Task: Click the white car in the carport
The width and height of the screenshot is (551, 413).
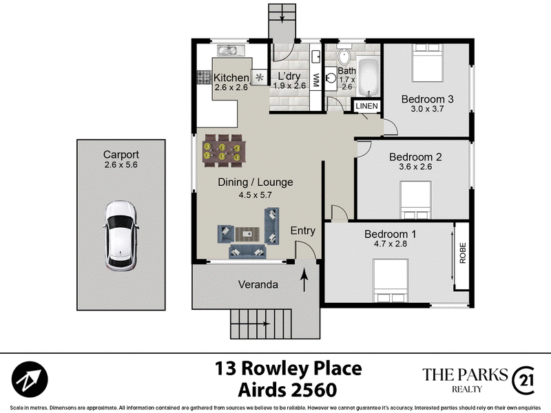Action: point(121,235)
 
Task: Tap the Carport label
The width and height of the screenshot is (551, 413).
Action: point(121,154)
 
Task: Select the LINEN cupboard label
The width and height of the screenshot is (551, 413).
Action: point(366,106)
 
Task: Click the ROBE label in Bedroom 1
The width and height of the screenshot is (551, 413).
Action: point(462,253)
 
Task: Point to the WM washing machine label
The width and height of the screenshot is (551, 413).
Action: point(315,81)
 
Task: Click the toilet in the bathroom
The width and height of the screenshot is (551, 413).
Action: point(343,54)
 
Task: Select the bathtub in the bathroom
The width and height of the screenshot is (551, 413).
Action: point(368,77)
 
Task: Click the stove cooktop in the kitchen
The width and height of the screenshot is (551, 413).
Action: point(203,77)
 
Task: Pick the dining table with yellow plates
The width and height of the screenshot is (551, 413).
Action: point(223,151)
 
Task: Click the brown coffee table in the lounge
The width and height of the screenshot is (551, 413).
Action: point(247,234)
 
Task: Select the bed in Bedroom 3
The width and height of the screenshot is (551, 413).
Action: point(427,63)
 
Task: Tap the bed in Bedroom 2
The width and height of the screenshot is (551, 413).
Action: point(416,200)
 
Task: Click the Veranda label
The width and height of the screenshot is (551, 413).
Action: point(258,284)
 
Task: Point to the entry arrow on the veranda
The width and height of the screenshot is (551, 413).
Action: point(304,280)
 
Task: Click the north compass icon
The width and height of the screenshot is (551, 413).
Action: point(30,379)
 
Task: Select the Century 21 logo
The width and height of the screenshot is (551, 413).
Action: point(523,381)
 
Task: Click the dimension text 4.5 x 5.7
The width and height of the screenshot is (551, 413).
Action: point(255,195)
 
